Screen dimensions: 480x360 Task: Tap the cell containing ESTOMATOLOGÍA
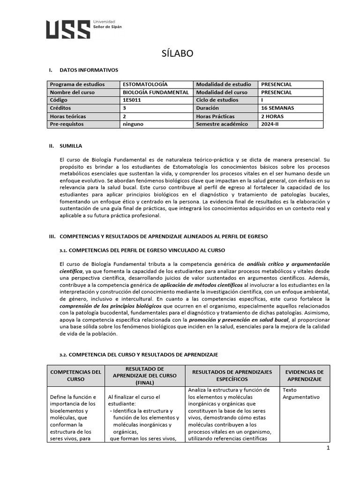(x=145, y=84)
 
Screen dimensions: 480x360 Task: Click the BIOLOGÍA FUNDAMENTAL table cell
(x=156, y=92)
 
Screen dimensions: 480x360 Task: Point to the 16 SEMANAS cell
(x=277, y=108)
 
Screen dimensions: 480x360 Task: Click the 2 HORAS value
(x=272, y=116)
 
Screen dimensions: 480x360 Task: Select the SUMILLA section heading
(x=70, y=146)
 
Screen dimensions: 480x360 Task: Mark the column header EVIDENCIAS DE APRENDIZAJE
(x=305, y=375)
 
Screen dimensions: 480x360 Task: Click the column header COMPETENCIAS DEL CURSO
(x=76, y=375)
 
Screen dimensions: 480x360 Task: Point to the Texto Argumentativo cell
(x=301, y=393)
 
